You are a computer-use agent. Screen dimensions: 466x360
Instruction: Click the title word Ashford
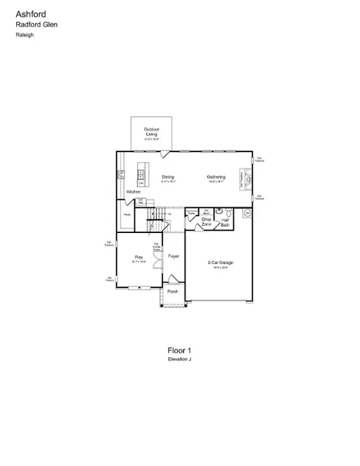[x=29, y=13]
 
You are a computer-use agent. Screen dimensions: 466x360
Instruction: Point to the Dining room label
[x=168, y=177]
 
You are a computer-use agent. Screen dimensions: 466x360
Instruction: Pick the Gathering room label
[x=216, y=177]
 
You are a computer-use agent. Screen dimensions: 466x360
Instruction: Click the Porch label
[x=172, y=291]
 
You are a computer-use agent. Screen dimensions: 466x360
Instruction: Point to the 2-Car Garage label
[x=220, y=263]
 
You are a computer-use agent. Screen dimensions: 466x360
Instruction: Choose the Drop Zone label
[x=206, y=222]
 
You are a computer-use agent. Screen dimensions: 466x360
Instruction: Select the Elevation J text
[x=179, y=360]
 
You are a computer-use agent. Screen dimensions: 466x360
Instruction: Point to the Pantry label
[x=126, y=215]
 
